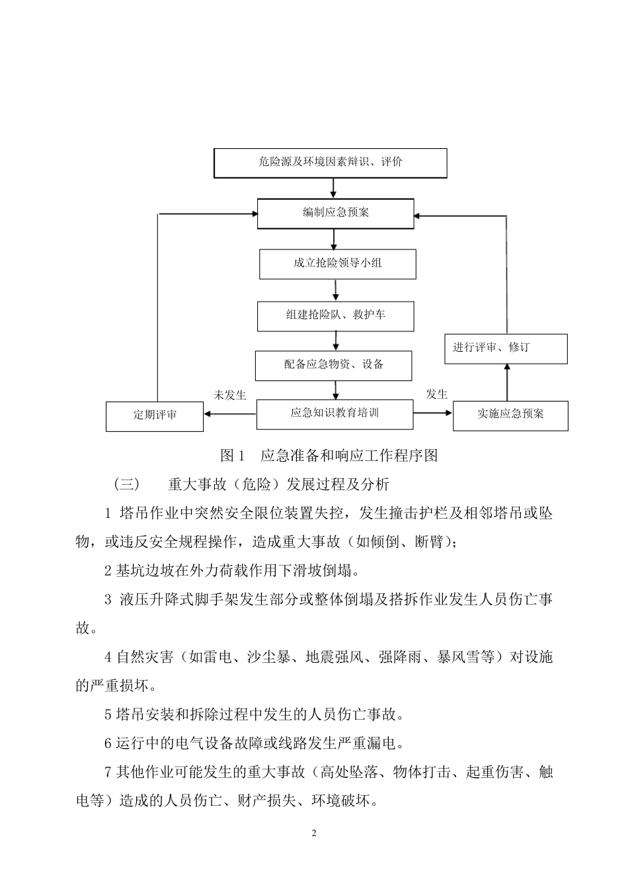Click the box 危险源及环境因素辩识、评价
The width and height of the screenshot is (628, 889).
(x=331, y=163)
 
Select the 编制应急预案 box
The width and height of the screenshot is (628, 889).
(x=336, y=213)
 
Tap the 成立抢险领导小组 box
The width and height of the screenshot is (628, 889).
(x=338, y=263)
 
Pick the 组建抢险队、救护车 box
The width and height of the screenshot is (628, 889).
(x=336, y=315)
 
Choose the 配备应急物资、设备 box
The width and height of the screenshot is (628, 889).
(x=334, y=365)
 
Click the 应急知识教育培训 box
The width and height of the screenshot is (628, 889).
(x=334, y=413)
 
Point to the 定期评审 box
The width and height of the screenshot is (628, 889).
(x=155, y=416)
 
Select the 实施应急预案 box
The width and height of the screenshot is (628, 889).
(x=510, y=415)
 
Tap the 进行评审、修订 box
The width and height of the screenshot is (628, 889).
(x=506, y=348)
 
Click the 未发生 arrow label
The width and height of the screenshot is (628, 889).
(x=229, y=395)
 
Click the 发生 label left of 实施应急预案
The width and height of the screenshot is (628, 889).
(x=436, y=394)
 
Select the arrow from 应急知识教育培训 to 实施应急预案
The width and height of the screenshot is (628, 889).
(x=433, y=413)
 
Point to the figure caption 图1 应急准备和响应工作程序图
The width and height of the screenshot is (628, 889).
(x=329, y=455)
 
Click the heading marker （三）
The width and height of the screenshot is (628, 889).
(x=127, y=484)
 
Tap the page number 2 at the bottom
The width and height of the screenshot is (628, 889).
(x=314, y=833)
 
